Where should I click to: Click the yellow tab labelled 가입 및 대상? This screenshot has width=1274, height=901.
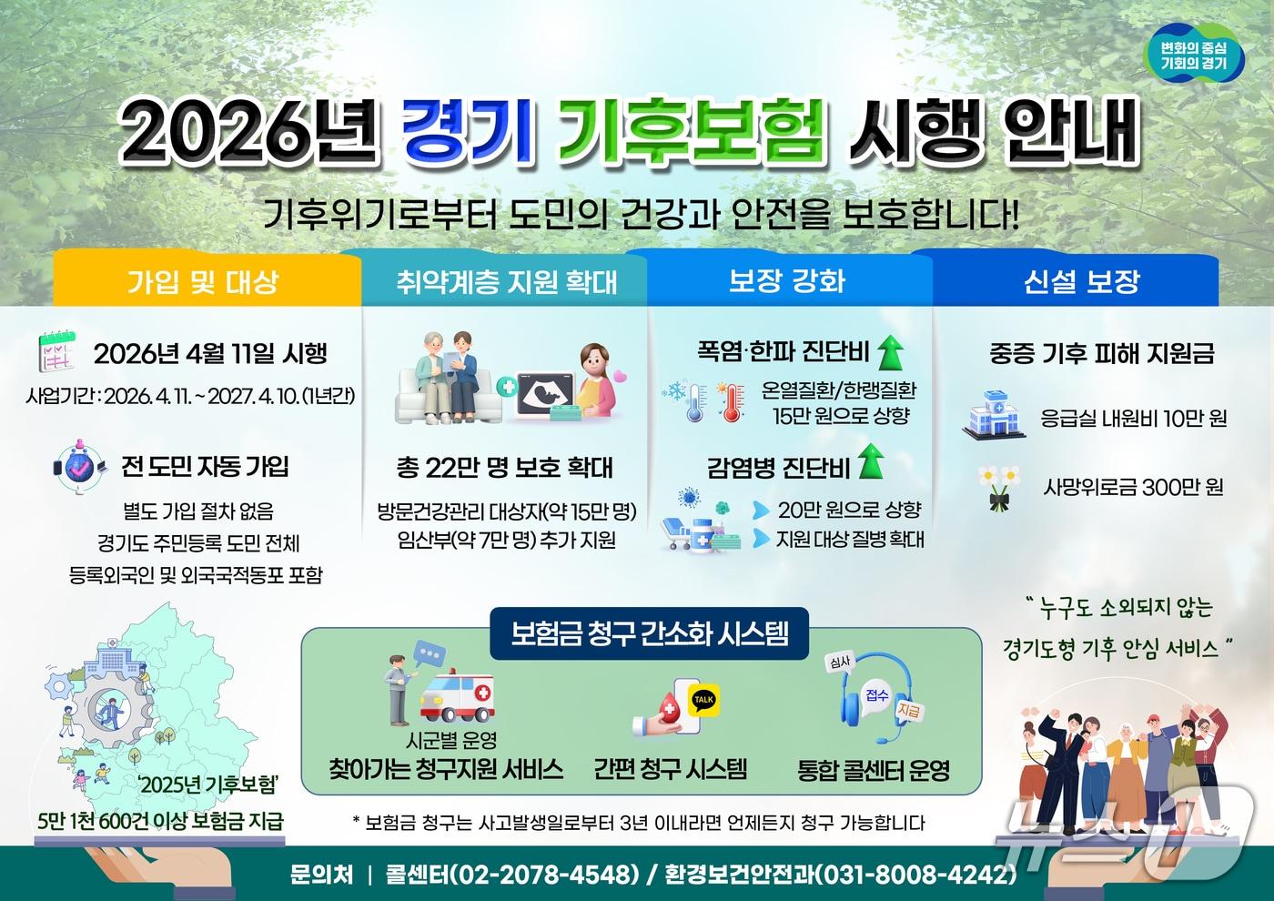click(x=202, y=281)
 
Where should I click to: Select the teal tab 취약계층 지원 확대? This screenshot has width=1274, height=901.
click(x=506, y=281)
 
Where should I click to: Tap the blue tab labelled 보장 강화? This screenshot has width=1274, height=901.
click(x=787, y=280)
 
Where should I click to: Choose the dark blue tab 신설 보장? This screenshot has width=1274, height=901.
click(x=1081, y=281)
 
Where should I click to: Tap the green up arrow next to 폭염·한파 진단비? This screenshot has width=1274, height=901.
click(x=890, y=350)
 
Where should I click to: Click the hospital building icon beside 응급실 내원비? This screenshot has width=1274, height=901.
click(x=994, y=417)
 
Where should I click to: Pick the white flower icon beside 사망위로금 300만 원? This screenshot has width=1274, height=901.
click(x=999, y=486)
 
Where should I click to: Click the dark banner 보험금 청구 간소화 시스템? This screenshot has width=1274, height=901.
click(x=650, y=632)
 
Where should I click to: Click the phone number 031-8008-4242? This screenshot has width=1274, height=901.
click(x=914, y=874)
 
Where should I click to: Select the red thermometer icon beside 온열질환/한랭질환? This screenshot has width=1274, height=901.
click(x=730, y=401)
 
